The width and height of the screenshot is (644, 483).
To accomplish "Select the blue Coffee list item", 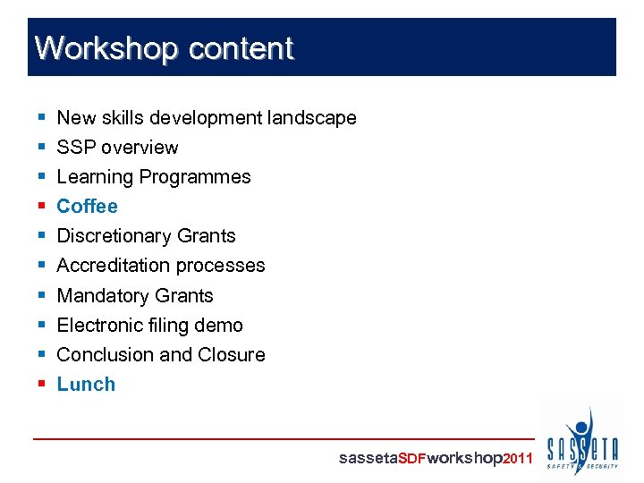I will [x=87, y=207].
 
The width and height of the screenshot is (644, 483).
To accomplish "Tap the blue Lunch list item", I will [x=86, y=385].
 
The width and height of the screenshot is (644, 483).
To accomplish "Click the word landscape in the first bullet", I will [x=312, y=118].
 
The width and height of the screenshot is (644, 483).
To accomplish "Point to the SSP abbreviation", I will [x=75, y=148].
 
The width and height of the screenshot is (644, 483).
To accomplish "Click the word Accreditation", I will [x=114, y=266].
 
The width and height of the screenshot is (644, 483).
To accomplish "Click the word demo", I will [x=222, y=326].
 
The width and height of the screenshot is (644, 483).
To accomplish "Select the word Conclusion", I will [x=105, y=355].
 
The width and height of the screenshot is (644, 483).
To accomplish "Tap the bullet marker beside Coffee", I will [x=42, y=207].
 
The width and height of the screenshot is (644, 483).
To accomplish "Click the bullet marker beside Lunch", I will [x=42, y=385].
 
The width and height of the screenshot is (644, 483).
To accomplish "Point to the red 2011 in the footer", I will [x=519, y=459].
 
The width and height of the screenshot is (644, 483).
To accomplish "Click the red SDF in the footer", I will [x=411, y=459].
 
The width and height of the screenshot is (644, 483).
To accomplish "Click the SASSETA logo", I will [x=581, y=441].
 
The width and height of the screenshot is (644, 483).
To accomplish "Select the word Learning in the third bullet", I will [x=93, y=177].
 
